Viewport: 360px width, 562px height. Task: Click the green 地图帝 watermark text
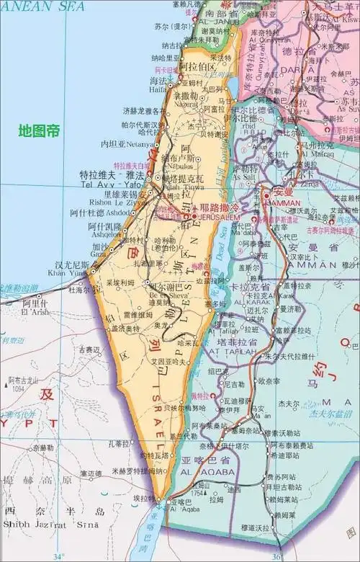pyautogui.click(x=40, y=131)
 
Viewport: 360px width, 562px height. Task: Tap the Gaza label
pyautogui.click(x=99, y=254)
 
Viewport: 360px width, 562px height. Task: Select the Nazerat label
pyautogui.click(x=186, y=104)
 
